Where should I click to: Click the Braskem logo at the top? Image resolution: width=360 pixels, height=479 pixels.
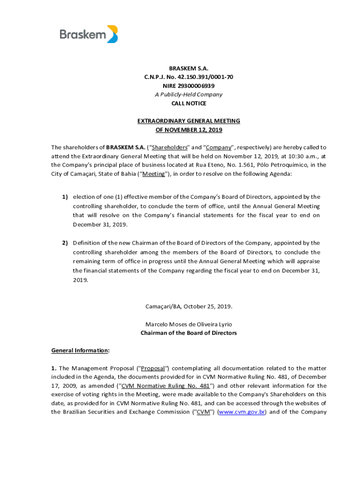point(88,34)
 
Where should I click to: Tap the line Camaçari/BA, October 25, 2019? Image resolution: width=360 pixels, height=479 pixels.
point(188,306)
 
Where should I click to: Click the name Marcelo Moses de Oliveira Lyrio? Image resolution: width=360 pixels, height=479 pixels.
point(188,324)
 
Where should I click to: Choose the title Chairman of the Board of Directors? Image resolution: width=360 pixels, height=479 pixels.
point(188,333)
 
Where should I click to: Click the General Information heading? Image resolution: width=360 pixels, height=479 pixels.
point(80,350)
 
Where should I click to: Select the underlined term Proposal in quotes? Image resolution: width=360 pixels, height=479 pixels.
point(152,368)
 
